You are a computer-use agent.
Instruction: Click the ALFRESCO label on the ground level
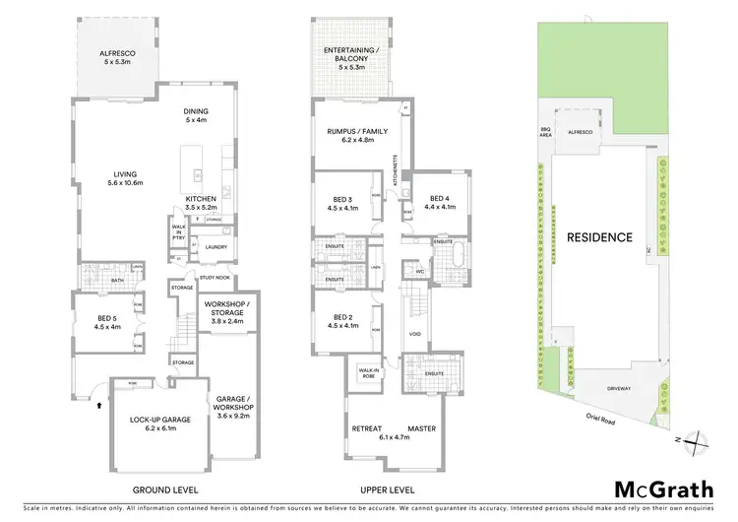(x=115, y=56)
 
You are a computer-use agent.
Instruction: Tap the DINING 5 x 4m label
(x=195, y=115)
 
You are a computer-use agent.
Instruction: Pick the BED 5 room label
(x=107, y=322)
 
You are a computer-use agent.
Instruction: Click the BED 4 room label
(x=440, y=203)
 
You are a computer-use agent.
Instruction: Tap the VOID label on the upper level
(x=413, y=333)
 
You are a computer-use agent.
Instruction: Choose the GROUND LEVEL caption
(x=165, y=489)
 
